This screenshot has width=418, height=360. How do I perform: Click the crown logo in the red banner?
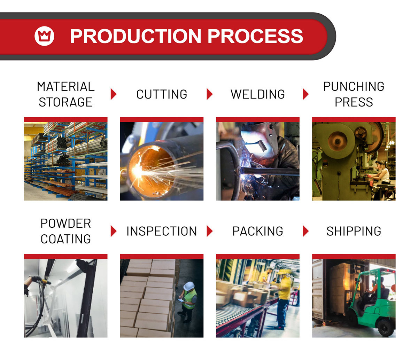pyautogui.click(x=44, y=36)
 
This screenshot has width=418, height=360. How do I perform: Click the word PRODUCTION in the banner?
pyautogui.click(x=136, y=36)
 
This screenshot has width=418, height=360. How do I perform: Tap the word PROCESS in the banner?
pyautogui.click(x=255, y=36)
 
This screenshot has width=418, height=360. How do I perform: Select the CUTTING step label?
pyautogui.click(x=162, y=94)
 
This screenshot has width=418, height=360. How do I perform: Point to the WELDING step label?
pyautogui.click(x=258, y=94)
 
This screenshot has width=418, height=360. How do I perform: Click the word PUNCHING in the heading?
pyautogui.click(x=354, y=86)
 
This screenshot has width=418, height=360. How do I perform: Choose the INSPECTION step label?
pyautogui.click(x=162, y=231)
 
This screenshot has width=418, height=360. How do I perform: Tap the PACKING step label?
pyautogui.click(x=258, y=231)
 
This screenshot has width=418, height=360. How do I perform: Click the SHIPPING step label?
pyautogui.click(x=354, y=231)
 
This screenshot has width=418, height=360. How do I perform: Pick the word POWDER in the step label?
pyautogui.click(x=66, y=224)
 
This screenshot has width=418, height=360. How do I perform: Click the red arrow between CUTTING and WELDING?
pyautogui.click(x=209, y=94)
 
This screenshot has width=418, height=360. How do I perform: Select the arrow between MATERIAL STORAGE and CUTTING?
pyautogui.click(x=114, y=94)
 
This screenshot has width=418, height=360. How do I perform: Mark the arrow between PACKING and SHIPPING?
pyautogui.click(x=305, y=231)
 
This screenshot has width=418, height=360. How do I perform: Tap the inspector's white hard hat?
pyautogui.click(x=189, y=286)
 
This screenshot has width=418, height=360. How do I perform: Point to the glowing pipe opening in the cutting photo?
pyautogui.click(x=151, y=171)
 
